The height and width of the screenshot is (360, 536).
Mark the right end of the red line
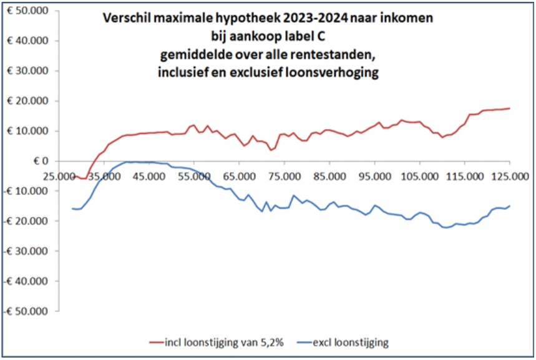click(510, 109)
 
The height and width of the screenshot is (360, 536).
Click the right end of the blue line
click(510, 206)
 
